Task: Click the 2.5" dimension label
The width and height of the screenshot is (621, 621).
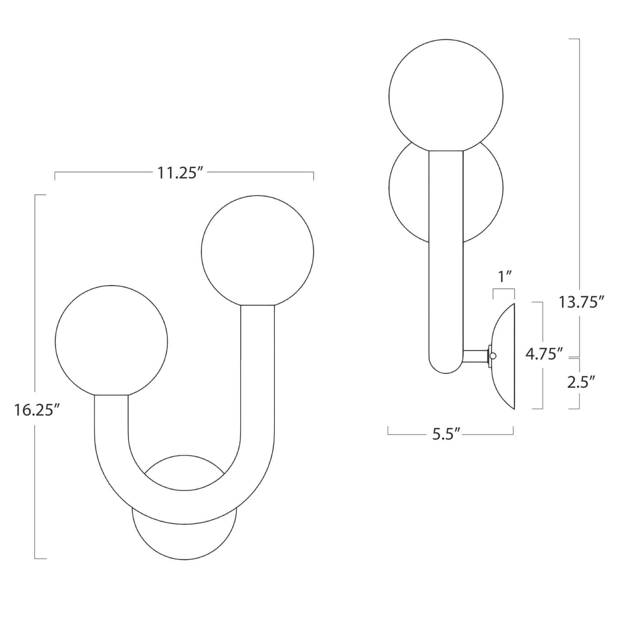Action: [x=582, y=382]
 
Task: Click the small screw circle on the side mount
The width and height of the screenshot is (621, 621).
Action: [x=493, y=356]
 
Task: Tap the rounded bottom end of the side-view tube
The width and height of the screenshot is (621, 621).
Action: [x=446, y=369]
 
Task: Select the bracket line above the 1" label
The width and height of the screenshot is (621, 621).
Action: [x=504, y=290]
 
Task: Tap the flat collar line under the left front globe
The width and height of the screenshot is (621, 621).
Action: [x=111, y=395]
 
